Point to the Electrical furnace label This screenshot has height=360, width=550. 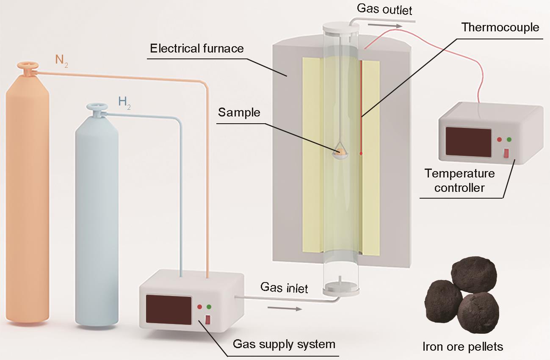(197, 48)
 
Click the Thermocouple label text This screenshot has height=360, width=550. (500, 28)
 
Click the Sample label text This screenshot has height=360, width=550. (239, 113)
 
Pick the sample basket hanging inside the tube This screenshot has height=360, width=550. (340, 153)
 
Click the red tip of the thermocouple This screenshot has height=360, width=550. (361, 154)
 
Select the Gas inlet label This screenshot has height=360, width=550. (284, 288)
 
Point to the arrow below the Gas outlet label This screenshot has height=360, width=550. (384, 25)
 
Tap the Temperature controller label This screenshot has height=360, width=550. (459, 180)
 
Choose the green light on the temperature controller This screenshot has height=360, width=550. (509, 139)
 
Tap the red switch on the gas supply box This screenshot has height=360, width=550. (207, 320)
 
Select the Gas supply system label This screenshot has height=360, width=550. (284, 344)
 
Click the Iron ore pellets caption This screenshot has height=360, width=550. (463, 347)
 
